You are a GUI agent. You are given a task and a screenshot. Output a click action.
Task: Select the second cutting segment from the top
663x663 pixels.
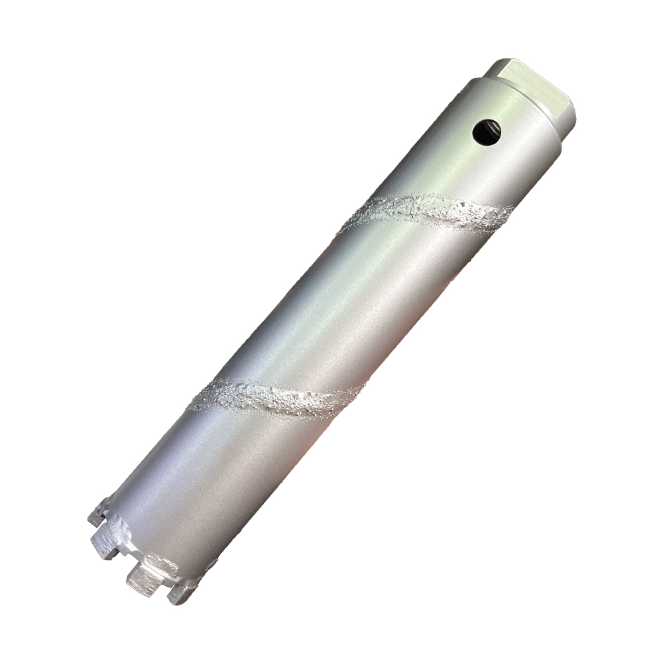click(x=106, y=544)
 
